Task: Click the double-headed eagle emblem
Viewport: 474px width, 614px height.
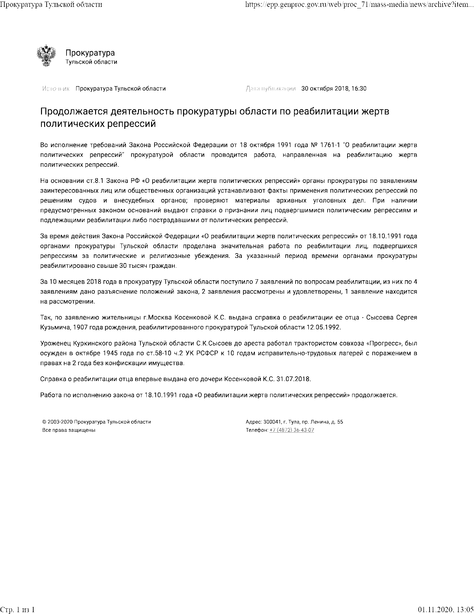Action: (x=46, y=56)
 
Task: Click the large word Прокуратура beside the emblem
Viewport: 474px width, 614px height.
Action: (x=90, y=53)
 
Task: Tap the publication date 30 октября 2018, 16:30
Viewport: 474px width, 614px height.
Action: (x=334, y=89)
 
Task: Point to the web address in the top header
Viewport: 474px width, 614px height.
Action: (x=359, y=5)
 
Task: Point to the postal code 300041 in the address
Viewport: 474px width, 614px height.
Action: (x=271, y=422)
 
